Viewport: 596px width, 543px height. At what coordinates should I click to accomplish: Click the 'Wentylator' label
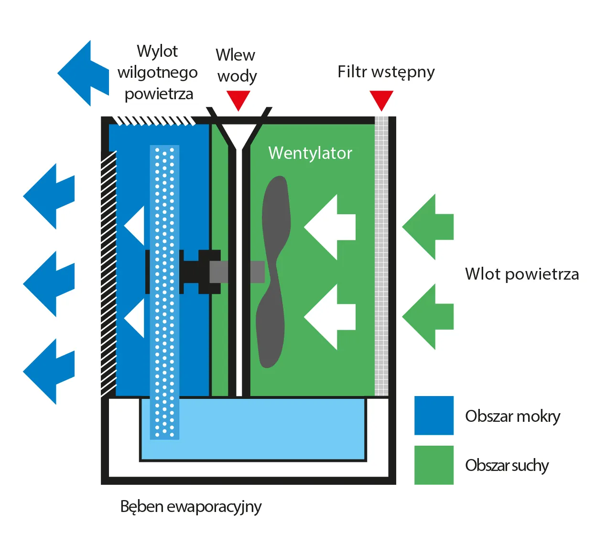[310, 153]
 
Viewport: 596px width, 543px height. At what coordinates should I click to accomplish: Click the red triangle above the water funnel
[238, 99]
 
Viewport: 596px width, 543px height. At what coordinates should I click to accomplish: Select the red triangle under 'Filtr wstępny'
[381, 99]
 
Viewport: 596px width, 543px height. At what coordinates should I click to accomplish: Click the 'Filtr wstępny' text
[386, 72]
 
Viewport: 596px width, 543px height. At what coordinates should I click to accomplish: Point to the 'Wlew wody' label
[236, 65]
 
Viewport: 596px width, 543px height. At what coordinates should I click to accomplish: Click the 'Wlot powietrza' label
[521, 274]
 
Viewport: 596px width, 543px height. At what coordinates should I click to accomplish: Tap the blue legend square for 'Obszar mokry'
[433, 415]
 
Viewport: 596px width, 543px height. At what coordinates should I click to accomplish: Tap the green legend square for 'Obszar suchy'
[433, 465]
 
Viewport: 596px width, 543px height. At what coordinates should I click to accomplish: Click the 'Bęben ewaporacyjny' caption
[191, 506]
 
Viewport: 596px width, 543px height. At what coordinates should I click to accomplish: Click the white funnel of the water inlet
[238, 134]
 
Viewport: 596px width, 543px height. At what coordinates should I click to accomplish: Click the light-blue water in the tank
[268, 429]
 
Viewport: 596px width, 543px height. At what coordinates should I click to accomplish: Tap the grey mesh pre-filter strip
[381, 258]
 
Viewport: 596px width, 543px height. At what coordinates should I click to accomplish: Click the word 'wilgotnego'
[157, 73]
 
